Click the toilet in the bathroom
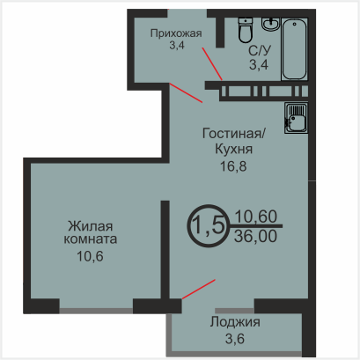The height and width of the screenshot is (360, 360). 245,30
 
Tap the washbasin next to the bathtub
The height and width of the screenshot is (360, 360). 271,24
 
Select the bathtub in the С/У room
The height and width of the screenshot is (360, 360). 294,48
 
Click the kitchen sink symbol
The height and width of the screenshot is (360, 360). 296,118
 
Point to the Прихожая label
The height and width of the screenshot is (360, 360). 176,33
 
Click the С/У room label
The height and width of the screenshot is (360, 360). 260,51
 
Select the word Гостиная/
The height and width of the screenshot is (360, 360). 234,134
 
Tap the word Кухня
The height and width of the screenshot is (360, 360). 234,149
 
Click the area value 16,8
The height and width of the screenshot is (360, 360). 233,166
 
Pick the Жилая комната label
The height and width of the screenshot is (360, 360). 91,232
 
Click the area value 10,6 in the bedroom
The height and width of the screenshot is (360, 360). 91,256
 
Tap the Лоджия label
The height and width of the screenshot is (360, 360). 235,322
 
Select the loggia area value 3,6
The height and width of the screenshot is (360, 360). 235,339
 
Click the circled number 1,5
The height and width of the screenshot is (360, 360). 209,225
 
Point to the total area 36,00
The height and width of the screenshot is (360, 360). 255,236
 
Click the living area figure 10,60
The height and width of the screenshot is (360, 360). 255,217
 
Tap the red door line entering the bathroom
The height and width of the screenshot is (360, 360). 212,63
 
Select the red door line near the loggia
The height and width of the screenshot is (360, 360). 199,290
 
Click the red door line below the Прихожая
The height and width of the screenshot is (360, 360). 186,92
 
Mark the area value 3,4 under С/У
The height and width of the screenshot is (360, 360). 259,64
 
